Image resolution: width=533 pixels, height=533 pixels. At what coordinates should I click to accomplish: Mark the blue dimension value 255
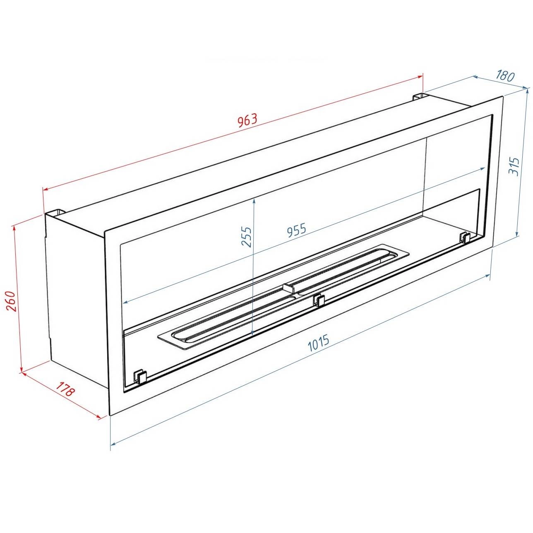(x=246, y=237)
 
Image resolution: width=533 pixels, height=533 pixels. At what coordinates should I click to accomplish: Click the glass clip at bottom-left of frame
(x=140, y=376)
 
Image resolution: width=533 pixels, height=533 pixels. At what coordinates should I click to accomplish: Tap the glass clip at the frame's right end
(x=465, y=237)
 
